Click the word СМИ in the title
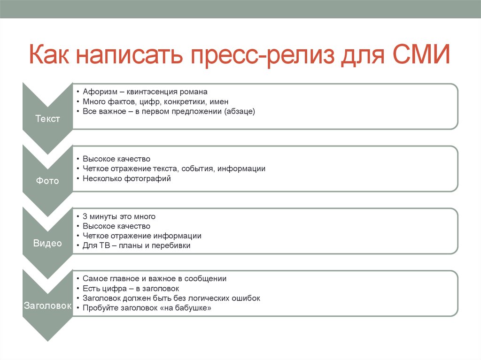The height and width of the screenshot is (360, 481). (421, 54)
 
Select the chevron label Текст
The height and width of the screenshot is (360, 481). (47, 119)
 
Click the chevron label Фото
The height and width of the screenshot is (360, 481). (47, 181)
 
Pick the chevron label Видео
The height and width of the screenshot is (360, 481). (47, 243)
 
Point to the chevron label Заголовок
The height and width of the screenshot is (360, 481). (47, 306)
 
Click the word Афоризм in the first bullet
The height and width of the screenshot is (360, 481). (100, 92)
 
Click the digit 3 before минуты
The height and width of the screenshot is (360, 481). (85, 216)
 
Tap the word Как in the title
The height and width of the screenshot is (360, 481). (49, 54)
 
